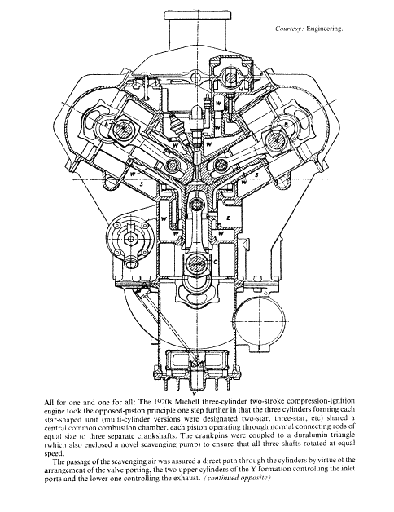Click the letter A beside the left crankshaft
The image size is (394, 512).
pyautogui.click(x=106, y=124)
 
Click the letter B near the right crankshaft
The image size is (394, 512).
pyautogui.click(x=286, y=125)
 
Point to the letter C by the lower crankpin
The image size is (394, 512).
pyautogui.click(x=215, y=262)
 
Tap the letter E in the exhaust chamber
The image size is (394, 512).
pyautogui.click(x=228, y=218)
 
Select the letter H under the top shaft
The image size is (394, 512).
pyautogui.click(x=240, y=89)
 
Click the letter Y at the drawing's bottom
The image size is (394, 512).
pyautogui.click(x=194, y=389)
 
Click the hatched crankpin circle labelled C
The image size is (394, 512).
pyautogui.click(x=197, y=261)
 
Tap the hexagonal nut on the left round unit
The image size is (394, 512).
pyautogui.click(x=131, y=239)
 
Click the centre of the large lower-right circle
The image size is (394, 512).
pyautogui.click(x=260, y=322)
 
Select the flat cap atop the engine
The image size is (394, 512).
pyautogui.click(x=197, y=15)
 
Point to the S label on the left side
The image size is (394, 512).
pyautogui.click(x=141, y=184)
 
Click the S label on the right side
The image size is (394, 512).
pyautogui.click(x=256, y=175)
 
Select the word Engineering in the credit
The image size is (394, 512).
pyautogui.click(x=325, y=29)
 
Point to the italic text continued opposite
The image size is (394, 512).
pyautogui.click(x=237, y=478)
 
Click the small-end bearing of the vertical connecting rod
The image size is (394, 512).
pyautogui.click(x=196, y=205)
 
